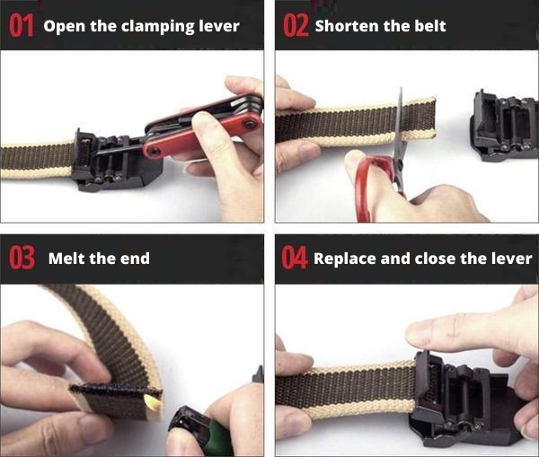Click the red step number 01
point(22,25)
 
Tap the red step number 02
point(296,26)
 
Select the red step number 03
point(22,258)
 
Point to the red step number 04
point(295,258)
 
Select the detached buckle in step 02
point(505,127)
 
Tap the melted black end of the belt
point(115,390)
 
